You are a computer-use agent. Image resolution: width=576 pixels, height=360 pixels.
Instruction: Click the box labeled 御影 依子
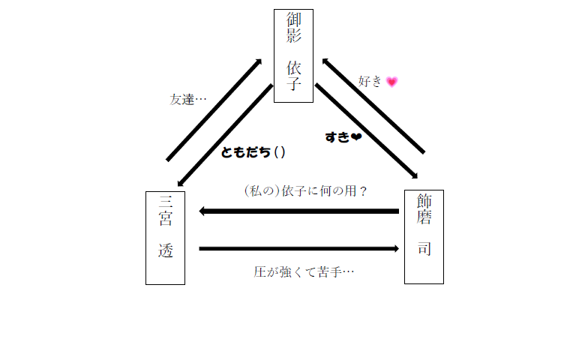point(293,55)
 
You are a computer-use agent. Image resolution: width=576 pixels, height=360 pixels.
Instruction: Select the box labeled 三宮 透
point(165,238)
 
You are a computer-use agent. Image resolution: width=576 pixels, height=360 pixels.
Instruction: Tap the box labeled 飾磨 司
point(424,237)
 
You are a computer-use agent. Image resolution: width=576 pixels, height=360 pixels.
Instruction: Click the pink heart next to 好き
point(392,82)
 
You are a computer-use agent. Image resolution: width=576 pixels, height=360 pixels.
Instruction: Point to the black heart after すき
point(356,137)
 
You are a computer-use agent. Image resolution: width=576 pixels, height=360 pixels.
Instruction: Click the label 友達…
point(187,100)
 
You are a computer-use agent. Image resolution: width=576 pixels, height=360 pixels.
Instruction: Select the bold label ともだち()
point(253,152)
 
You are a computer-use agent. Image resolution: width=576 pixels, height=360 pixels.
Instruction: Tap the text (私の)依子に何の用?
point(306,191)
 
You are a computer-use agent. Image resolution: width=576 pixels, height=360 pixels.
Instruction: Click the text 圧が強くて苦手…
point(304,272)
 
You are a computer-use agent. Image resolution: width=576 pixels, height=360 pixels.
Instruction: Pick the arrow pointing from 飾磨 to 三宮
point(299,211)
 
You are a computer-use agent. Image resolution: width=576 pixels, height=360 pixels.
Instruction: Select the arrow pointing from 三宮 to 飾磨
point(299,249)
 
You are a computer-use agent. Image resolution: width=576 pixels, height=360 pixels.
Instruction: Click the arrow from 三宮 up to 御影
point(214,109)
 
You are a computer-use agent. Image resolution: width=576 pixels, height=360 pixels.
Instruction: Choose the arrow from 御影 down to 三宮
point(225,135)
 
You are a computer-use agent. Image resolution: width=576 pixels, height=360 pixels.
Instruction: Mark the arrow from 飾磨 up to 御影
point(373,106)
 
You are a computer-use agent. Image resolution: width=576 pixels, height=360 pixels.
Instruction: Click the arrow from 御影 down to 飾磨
point(366,131)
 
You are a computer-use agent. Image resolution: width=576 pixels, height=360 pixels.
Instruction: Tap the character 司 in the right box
point(424,249)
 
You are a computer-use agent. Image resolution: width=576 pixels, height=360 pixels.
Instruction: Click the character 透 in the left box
point(165,250)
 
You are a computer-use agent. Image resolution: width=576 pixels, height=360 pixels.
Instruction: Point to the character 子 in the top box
point(294,84)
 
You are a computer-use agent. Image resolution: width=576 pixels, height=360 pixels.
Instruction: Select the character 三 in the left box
point(166,201)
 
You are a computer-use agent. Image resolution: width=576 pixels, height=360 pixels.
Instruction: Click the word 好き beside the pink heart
point(370,81)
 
